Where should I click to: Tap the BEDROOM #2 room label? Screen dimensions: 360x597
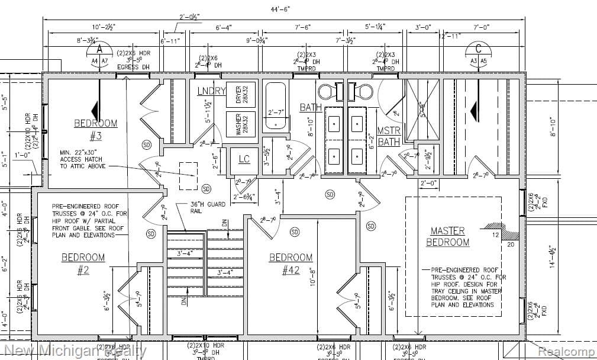point(83,263)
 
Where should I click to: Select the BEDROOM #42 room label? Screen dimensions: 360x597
point(291,263)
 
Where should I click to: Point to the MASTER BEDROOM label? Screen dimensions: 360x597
point(447,236)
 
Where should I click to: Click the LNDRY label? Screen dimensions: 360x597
point(211,91)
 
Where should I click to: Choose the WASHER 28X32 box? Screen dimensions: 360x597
point(240,125)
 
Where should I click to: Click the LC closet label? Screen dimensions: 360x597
point(244,159)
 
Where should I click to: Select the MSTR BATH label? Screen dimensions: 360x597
point(389,136)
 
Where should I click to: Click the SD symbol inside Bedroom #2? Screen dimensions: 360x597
point(150,233)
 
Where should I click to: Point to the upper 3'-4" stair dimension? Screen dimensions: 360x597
point(185,254)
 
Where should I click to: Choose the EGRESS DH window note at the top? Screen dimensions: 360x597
point(128,67)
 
